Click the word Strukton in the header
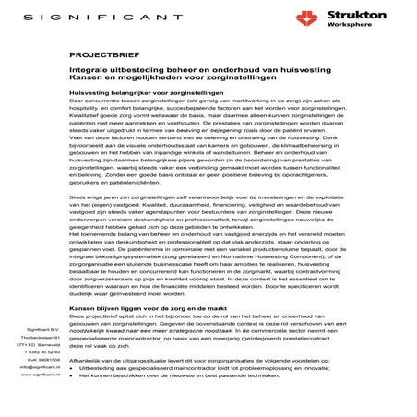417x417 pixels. (x=350, y=14)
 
